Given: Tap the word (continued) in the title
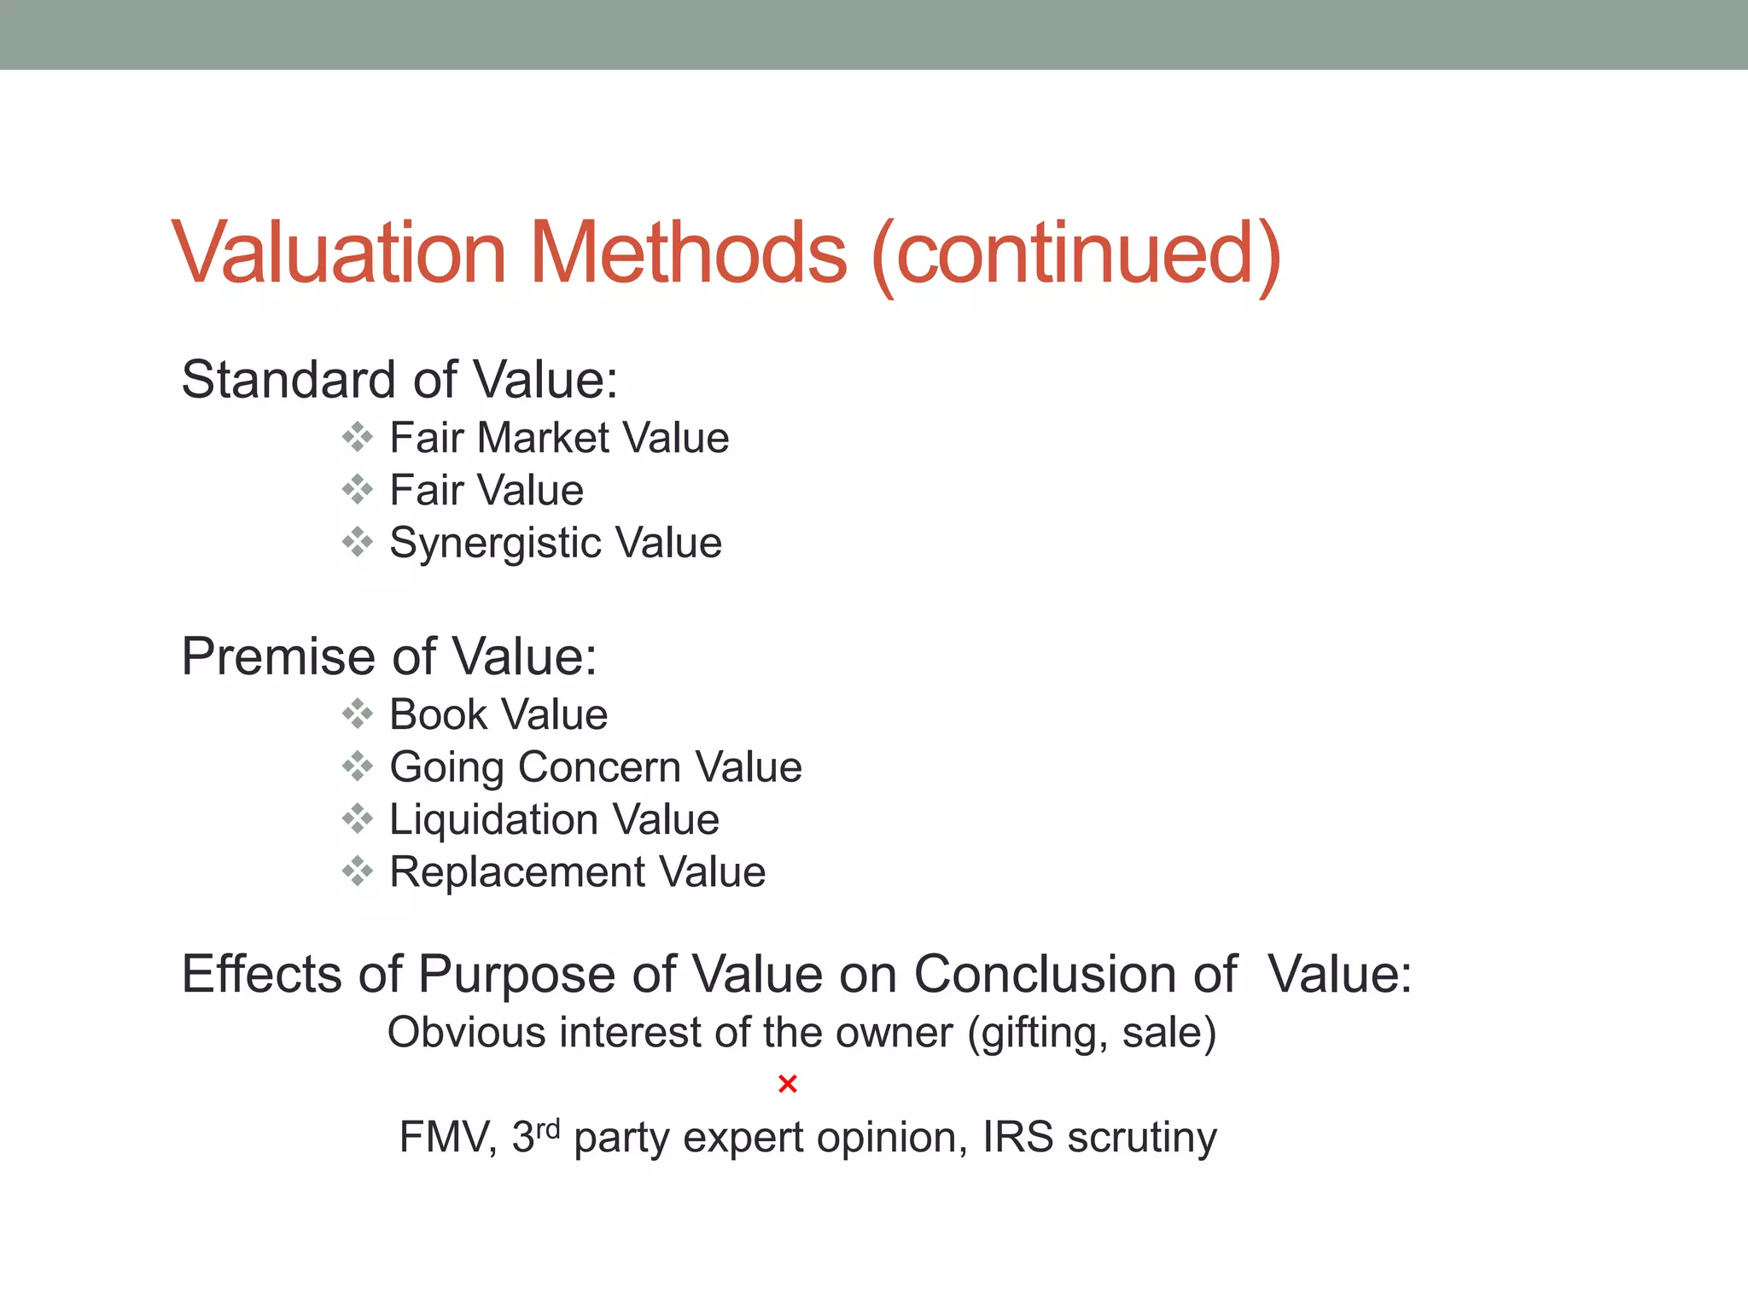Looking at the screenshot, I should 1076,254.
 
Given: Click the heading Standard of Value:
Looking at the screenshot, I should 399,379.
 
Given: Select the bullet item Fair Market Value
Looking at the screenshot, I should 559,438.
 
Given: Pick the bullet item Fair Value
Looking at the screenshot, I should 487,491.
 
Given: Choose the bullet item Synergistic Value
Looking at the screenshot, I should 556,543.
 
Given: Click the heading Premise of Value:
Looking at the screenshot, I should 389,656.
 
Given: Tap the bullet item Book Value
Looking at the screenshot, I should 498,714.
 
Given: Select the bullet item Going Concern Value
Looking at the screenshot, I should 596,766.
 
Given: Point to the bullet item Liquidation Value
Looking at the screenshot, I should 554,819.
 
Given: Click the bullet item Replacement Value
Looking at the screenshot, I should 577,872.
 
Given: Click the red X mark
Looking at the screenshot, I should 788,1084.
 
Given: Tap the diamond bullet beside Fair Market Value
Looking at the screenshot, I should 358,437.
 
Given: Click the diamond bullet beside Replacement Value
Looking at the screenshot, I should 358,871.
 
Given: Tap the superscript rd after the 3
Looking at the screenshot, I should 547,1128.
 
